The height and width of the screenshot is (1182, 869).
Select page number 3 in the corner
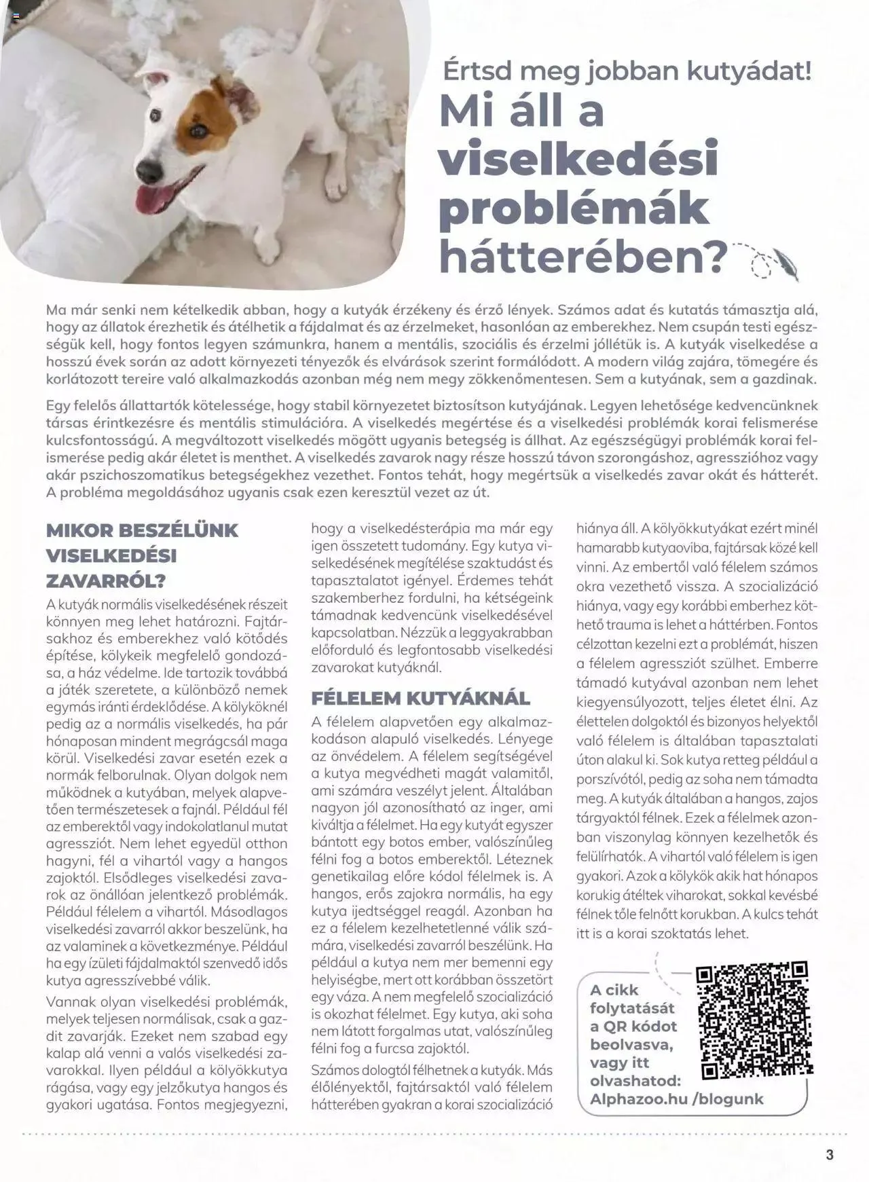pos(830,1154)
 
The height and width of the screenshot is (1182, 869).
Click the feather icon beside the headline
pos(788,264)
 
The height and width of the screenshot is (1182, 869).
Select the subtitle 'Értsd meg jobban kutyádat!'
pos(627,71)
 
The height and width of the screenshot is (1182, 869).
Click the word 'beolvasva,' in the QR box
pos(631,1044)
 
